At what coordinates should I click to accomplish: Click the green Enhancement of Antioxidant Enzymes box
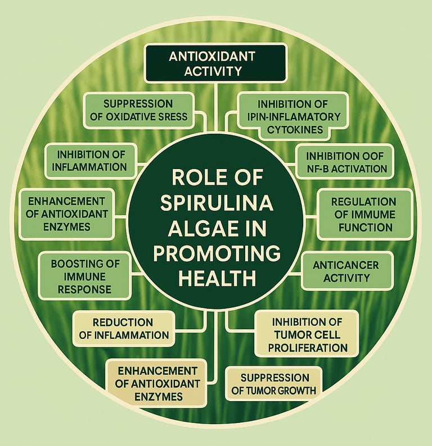(x=66, y=214)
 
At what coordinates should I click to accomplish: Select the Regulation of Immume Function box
(x=363, y=214)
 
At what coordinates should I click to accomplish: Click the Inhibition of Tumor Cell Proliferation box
(x=307, y=334)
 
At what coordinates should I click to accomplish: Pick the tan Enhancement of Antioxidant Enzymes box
(x=155, y=384)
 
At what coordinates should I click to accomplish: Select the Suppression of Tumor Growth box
(x=274, y=384)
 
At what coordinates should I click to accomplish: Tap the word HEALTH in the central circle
(x=216, y=278)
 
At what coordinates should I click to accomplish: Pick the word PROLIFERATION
(x=307, y=347)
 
